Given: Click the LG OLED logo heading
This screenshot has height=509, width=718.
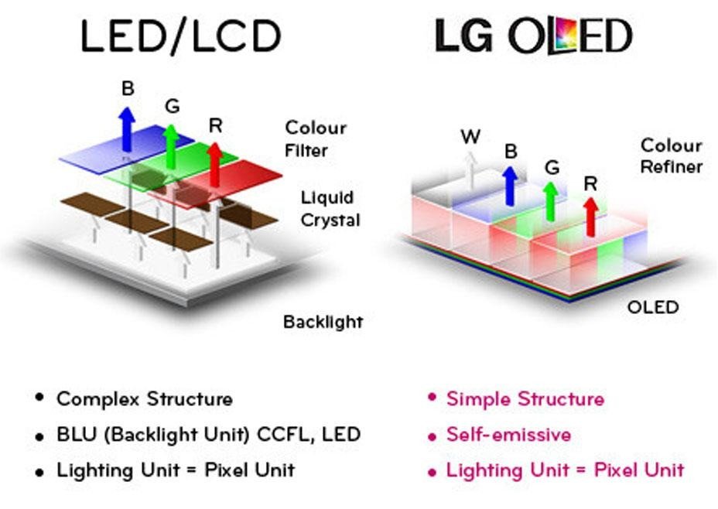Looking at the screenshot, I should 533,37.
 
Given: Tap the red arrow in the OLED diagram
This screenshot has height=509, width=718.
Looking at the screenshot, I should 590,217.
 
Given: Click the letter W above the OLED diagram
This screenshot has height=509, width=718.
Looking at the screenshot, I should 470,137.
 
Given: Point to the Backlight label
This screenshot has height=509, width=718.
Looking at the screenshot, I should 323,321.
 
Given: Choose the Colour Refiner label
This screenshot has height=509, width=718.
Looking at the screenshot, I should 671,155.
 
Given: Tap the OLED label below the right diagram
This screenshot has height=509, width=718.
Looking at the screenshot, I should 651,307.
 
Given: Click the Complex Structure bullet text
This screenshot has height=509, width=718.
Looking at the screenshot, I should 144,399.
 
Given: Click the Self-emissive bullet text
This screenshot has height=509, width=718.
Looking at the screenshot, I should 508,434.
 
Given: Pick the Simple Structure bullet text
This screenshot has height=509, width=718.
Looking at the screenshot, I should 525,399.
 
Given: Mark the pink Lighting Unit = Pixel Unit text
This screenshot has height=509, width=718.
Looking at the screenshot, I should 565,469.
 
